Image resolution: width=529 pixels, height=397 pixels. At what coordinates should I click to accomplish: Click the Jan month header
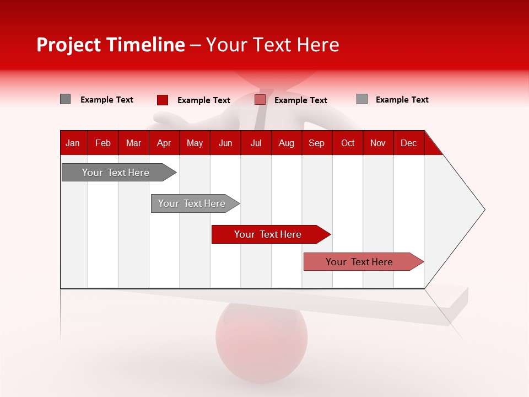[x=73, y=143]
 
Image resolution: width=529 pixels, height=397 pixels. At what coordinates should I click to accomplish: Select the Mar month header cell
[x=133, y=143]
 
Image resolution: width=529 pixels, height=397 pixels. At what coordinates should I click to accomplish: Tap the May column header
[x=195, y=143]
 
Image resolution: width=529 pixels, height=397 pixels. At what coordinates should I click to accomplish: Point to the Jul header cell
[x=256, y=143]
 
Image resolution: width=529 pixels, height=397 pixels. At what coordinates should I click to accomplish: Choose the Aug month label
[x=287, y=143]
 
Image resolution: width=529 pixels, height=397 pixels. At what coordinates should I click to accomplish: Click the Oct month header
[x=348, y=143]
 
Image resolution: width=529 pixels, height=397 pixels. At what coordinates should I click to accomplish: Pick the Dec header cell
[x=408, y=143]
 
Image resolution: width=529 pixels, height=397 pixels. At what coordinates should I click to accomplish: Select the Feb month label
[x=103, y=143]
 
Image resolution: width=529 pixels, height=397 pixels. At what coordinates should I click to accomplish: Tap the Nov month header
[x=378, y=143]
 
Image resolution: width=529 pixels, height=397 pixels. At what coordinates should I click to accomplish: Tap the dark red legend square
[x=163, y=100]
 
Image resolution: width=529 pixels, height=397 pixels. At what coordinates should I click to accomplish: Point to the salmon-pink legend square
[x=260, y=100]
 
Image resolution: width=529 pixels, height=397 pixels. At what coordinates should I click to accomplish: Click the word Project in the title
[x=69, y=45]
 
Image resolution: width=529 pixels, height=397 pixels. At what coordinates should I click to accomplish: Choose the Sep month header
[x=316, y=143]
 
